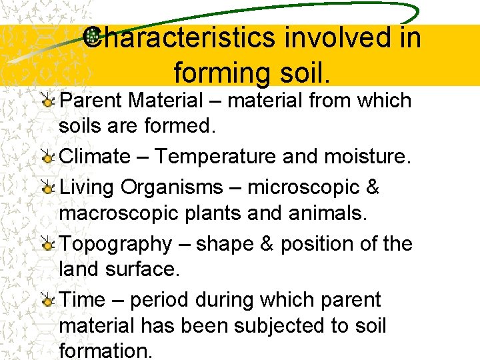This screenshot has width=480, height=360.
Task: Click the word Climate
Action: (95, 157)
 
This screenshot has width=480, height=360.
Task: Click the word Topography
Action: (116, 245)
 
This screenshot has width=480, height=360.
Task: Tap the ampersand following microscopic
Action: (373, 187)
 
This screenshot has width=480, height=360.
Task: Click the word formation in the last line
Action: (105, 351)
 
